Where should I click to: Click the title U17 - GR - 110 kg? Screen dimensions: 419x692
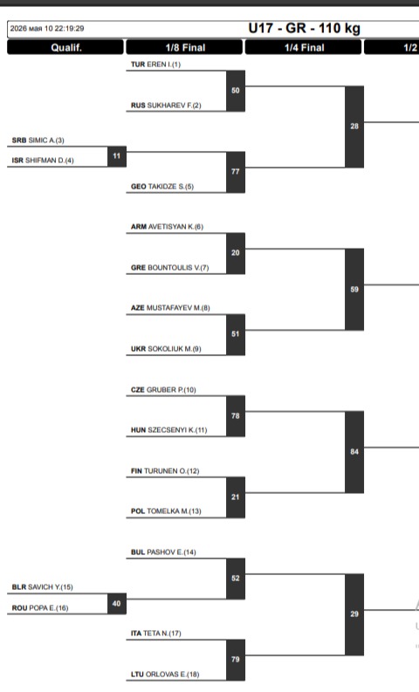coord(304,28)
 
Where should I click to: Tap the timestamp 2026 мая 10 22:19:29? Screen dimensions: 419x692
coord(47,29)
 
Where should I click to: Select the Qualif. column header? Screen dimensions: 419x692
coord(65,47)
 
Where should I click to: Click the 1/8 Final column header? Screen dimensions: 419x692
coord(185,47)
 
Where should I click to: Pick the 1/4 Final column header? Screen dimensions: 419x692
coord(304,47)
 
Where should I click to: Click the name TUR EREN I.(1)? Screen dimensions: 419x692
coord(155,65)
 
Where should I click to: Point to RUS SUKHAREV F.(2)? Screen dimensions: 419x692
coord(166,106)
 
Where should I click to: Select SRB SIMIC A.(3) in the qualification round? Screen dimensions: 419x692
coord(38,140)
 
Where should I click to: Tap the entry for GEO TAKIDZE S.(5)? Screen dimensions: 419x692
coord(162,187)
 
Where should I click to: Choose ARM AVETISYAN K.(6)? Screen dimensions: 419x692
coord(167,227)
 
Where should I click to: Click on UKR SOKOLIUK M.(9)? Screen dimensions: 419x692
coord(166,349)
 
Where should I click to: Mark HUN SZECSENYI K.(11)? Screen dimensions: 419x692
coord(168,430)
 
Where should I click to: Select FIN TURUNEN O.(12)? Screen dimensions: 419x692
coord(165,471)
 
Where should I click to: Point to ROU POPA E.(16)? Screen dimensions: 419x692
coord(40,608)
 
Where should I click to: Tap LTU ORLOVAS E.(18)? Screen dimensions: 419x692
coord(165,675)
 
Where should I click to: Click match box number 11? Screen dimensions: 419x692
coord(117,156)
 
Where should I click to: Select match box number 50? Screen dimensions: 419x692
coord(236,91)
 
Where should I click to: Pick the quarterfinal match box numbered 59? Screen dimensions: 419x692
coord(354,290)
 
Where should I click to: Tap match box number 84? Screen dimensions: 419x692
coord(354,452)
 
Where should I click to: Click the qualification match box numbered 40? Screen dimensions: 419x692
coord(117,604)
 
